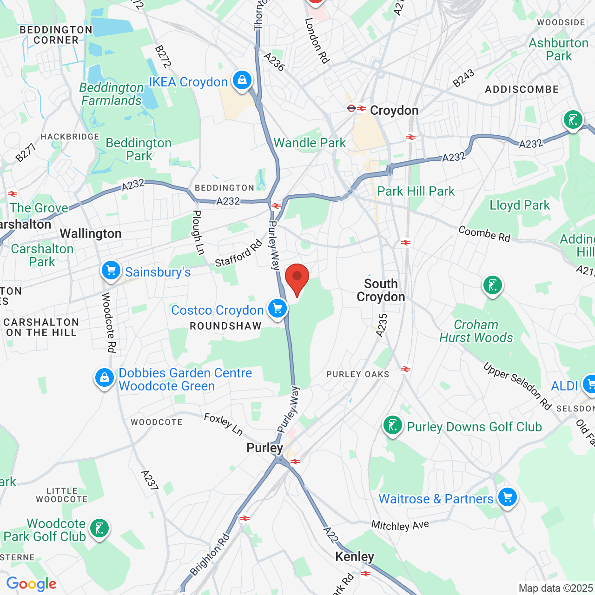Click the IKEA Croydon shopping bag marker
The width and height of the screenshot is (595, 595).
[x=242, y=80]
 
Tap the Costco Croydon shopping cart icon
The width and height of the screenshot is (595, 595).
[x=278, y=308]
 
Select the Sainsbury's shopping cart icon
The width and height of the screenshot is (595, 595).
[x=111, y=270]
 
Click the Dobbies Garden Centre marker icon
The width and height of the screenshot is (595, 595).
[x=105, y=377]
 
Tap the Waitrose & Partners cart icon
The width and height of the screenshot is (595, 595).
[x=507, y=497]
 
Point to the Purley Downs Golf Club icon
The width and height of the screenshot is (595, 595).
[x=393, y=425]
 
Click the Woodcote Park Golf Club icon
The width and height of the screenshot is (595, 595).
[x=99, y=528]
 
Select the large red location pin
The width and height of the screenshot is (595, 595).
[x=297, y=278]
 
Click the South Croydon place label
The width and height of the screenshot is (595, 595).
[x=381, y=290]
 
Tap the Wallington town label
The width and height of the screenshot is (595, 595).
[x=91, y=233]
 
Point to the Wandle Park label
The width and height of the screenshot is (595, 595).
[x=310, y=143]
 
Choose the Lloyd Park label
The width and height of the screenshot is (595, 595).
[x=519, y=205]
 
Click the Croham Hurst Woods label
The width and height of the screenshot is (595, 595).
[x=476, y=331]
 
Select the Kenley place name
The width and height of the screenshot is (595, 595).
[x=355, y=556]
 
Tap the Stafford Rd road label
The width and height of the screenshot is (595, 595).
[x=238, y=253]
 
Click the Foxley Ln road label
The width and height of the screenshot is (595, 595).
[x=223, y=424]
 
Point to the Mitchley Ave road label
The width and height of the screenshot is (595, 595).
[x=400, y=525]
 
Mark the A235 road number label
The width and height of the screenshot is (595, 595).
[x=382, y=325]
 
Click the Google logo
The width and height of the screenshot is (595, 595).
[x=32, y=584]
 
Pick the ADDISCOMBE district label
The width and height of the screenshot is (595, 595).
[x=522, y=89]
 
